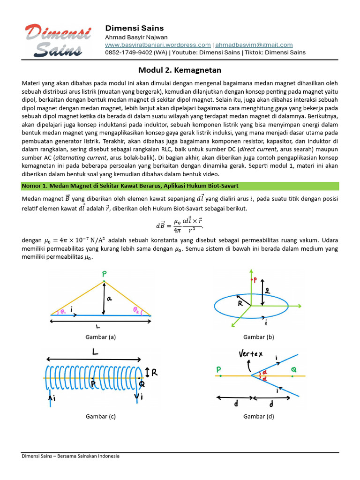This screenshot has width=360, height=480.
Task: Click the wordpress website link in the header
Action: point(158,45)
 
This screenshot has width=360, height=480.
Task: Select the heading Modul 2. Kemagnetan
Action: point(180,70)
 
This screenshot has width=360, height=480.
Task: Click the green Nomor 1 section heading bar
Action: point(180,186)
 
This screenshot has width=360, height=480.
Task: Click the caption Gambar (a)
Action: point(100,337)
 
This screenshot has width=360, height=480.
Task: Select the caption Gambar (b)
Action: point(258,337)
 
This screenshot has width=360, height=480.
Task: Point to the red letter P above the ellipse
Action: point(255,280)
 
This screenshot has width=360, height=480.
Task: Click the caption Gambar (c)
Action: point(100,416)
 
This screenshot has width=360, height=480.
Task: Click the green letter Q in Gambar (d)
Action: point(293,370)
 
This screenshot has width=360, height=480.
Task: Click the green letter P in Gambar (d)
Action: point(219,370)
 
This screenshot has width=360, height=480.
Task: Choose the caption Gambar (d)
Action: point(258,416)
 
